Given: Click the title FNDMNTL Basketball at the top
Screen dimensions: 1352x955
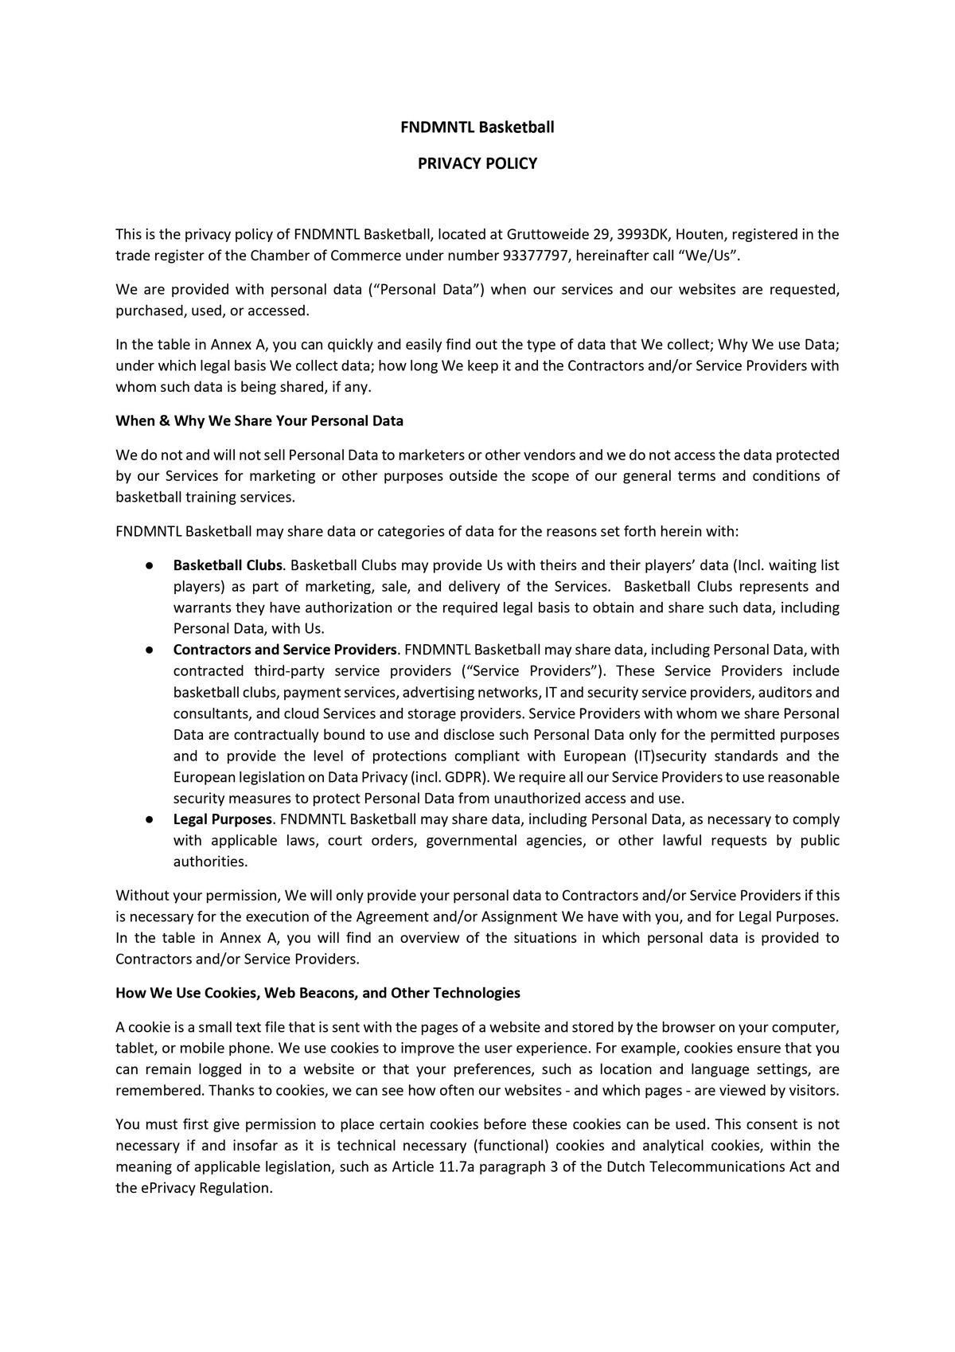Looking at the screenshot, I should (x=477, y=127).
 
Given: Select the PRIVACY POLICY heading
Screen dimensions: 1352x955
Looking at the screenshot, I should (x=477, y=163).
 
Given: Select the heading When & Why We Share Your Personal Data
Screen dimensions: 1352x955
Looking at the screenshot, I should (x=259, y=420).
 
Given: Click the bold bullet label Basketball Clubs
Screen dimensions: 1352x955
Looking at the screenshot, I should (x=228, y=565).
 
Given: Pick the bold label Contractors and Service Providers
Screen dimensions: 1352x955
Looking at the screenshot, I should (x=284, y=650).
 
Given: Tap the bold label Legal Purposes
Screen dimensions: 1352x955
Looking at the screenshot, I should (x=223, y=819).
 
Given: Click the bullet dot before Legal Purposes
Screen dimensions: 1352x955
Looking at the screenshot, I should (x=149, y=819).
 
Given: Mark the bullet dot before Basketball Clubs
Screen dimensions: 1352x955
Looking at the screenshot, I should (x=149, y=565).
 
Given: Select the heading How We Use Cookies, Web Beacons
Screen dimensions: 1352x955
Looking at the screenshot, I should (x=318, y=993).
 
